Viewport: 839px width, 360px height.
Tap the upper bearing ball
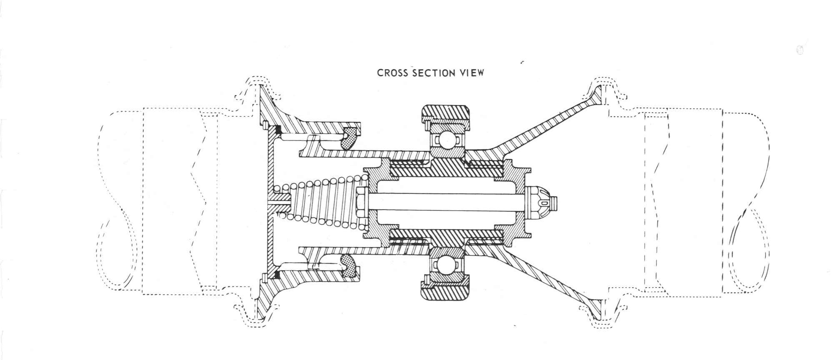(x=446, y=140)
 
